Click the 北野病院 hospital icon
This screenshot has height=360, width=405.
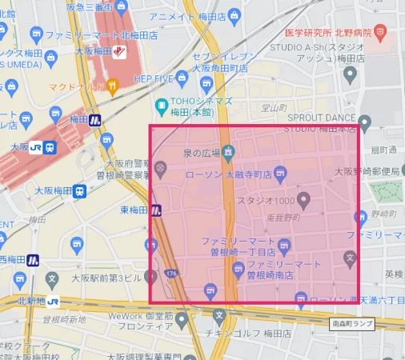coord(379,32)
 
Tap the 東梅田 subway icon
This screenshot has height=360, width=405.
coord(157,210)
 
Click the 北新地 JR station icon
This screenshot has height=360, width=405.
coord(53,302)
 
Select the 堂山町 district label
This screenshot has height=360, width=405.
coord(274,107)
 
